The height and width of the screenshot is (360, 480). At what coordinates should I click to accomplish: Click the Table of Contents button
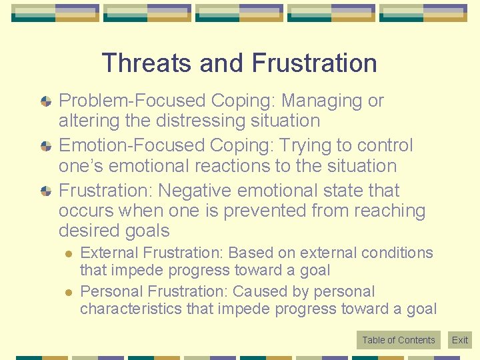[399, 340]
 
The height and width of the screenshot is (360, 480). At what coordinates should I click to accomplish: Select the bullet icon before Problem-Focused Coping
[45, 102]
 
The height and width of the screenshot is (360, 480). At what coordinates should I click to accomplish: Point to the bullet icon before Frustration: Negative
[45, 191]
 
